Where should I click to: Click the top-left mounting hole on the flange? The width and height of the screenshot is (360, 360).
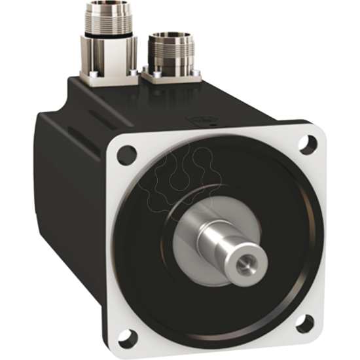(x=128, y=154)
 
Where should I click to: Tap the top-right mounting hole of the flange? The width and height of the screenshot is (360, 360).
(x=304, y=143)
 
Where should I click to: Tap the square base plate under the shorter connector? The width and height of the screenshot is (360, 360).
(x=171, y=77)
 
